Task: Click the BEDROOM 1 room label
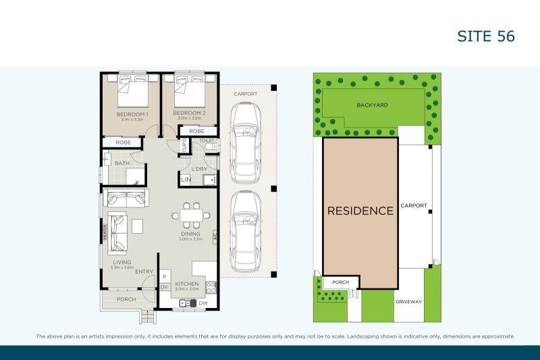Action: [x=132, y=113]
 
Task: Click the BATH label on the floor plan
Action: [x=122, y=163]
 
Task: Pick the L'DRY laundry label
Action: [x=198, y=168]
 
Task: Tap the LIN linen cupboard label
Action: [x=186, y=180]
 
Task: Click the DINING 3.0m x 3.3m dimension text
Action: [x=191, y=238]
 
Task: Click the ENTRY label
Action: [x=144, y=272]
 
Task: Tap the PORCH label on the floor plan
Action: [x=126, y=299]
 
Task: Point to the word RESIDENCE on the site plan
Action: [x=360, y=211]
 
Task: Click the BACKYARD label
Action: [x=371, y=106]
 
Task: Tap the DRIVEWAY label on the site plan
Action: [x=408, y=301]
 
